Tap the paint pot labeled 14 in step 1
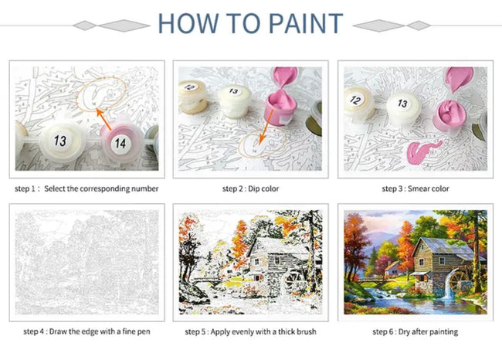click(x=119, y=142)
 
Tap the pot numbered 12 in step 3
click(x=358, y=100)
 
